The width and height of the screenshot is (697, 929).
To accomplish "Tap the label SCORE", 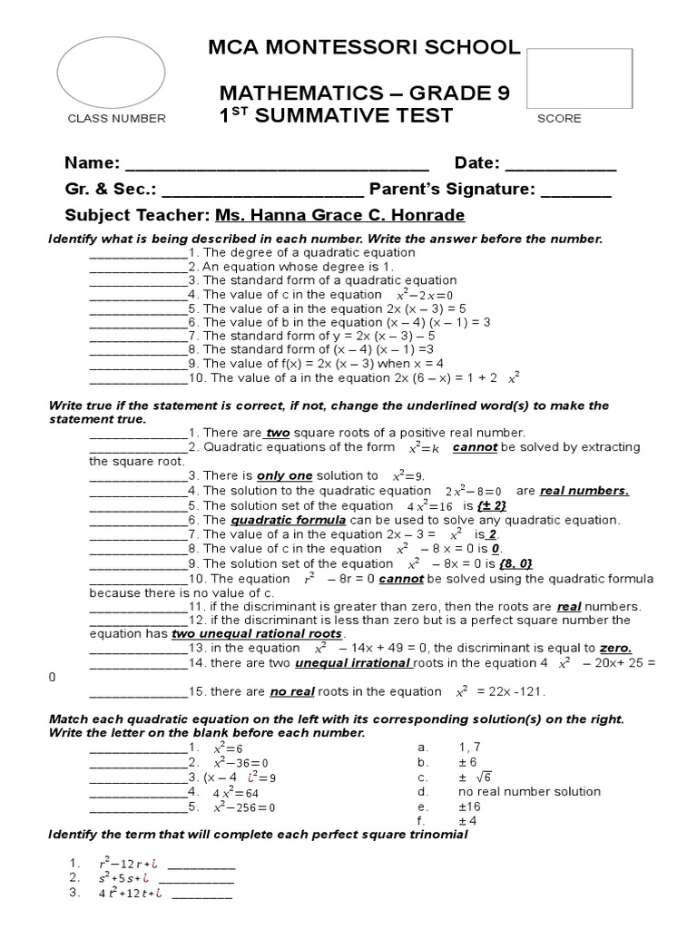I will tap(559, 118).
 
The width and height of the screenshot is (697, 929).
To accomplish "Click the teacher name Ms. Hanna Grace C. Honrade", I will tap(339, 215).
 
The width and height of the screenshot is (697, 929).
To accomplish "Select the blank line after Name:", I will tap(276, 165).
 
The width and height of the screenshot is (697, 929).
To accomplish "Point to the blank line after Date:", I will tap(560, 165).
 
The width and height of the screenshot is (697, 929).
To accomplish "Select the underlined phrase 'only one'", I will tap(284, 475).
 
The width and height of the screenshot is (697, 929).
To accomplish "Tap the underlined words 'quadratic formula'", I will tap(289, 520).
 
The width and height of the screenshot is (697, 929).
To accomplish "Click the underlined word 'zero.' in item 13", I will tap(615, 649).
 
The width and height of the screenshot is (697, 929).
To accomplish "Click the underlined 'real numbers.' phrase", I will tap(584, 491).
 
